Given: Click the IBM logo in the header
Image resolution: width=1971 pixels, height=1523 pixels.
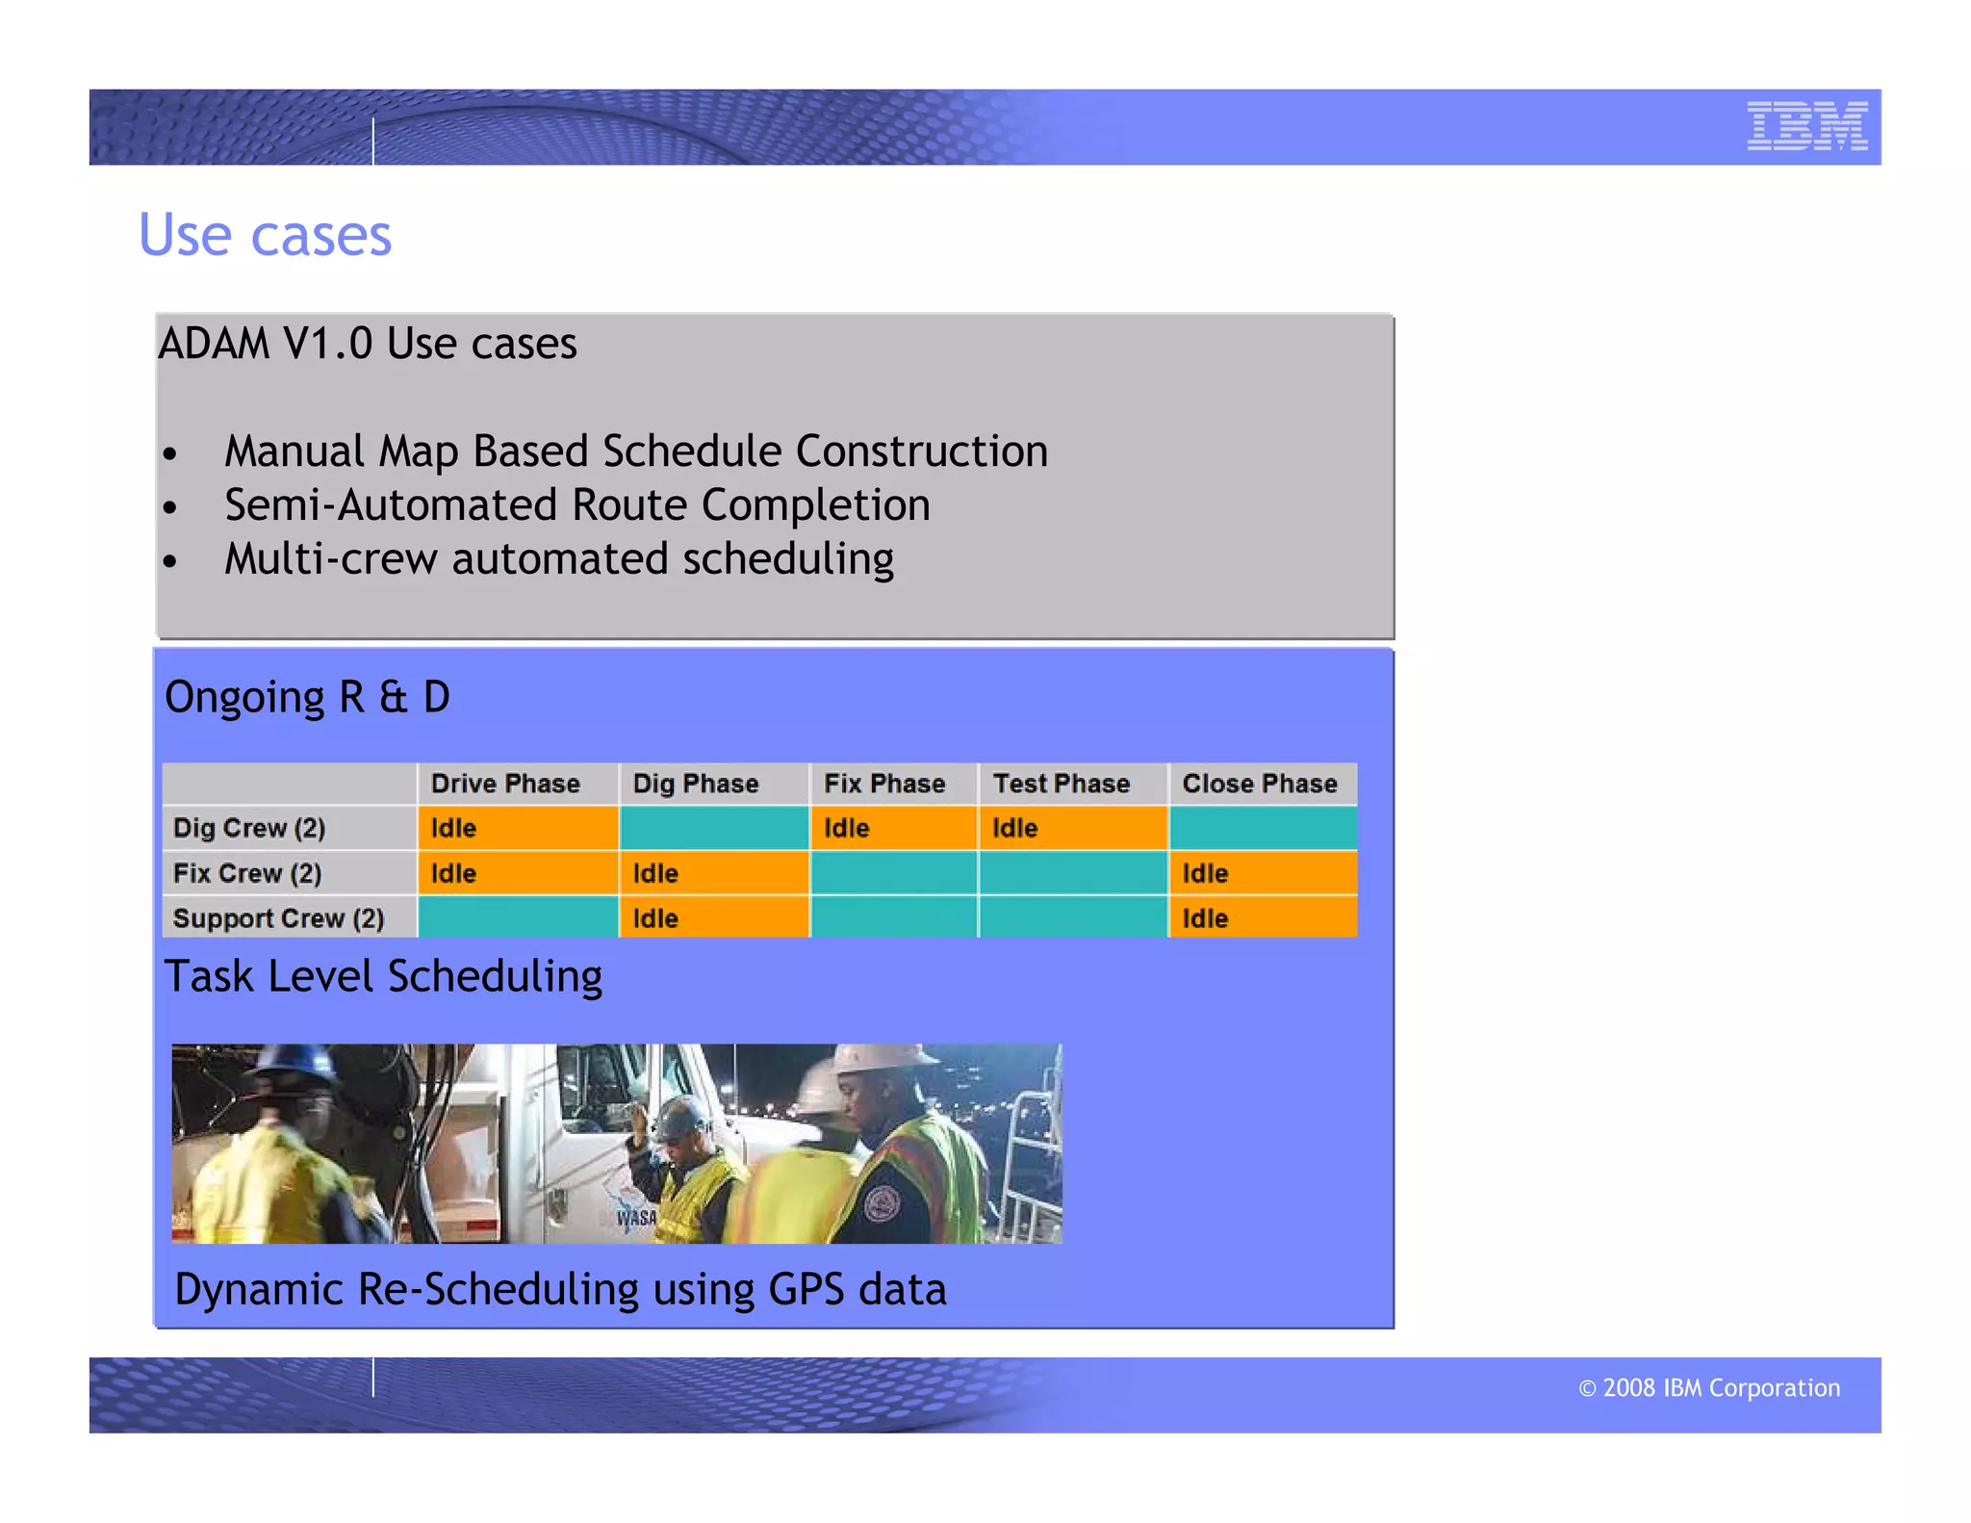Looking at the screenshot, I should pos(1806,126).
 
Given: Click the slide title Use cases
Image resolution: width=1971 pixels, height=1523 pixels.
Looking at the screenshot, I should pos(265,235).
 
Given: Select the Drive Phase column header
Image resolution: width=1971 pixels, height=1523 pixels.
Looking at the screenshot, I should pos(505,784).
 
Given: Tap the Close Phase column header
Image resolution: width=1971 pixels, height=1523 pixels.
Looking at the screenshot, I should pos(1259,784).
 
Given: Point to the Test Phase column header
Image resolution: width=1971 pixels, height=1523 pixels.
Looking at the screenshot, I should pos(1061,784).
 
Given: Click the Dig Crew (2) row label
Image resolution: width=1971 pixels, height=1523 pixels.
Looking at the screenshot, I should pos(249,828).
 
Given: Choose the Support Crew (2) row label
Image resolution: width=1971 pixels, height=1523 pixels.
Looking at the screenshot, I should pos(278,918).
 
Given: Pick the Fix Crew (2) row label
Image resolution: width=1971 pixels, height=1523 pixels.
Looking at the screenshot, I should pos(247,873).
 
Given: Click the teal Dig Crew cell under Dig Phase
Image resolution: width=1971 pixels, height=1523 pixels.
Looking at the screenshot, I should pos(713,828).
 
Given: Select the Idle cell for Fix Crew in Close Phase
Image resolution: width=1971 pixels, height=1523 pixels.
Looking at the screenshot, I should pos(1262,873).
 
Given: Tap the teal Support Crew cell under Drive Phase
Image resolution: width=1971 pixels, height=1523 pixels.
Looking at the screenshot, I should pos(517,918).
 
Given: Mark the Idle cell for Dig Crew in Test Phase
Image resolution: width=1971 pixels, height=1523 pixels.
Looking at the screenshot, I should pos(1072,828).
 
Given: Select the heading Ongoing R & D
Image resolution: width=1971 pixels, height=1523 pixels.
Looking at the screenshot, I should pos(307,697).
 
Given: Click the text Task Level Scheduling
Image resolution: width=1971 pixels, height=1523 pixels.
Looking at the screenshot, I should pos(383,976).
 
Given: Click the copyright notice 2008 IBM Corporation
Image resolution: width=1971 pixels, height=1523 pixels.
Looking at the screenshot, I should pos(1709,1387).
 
